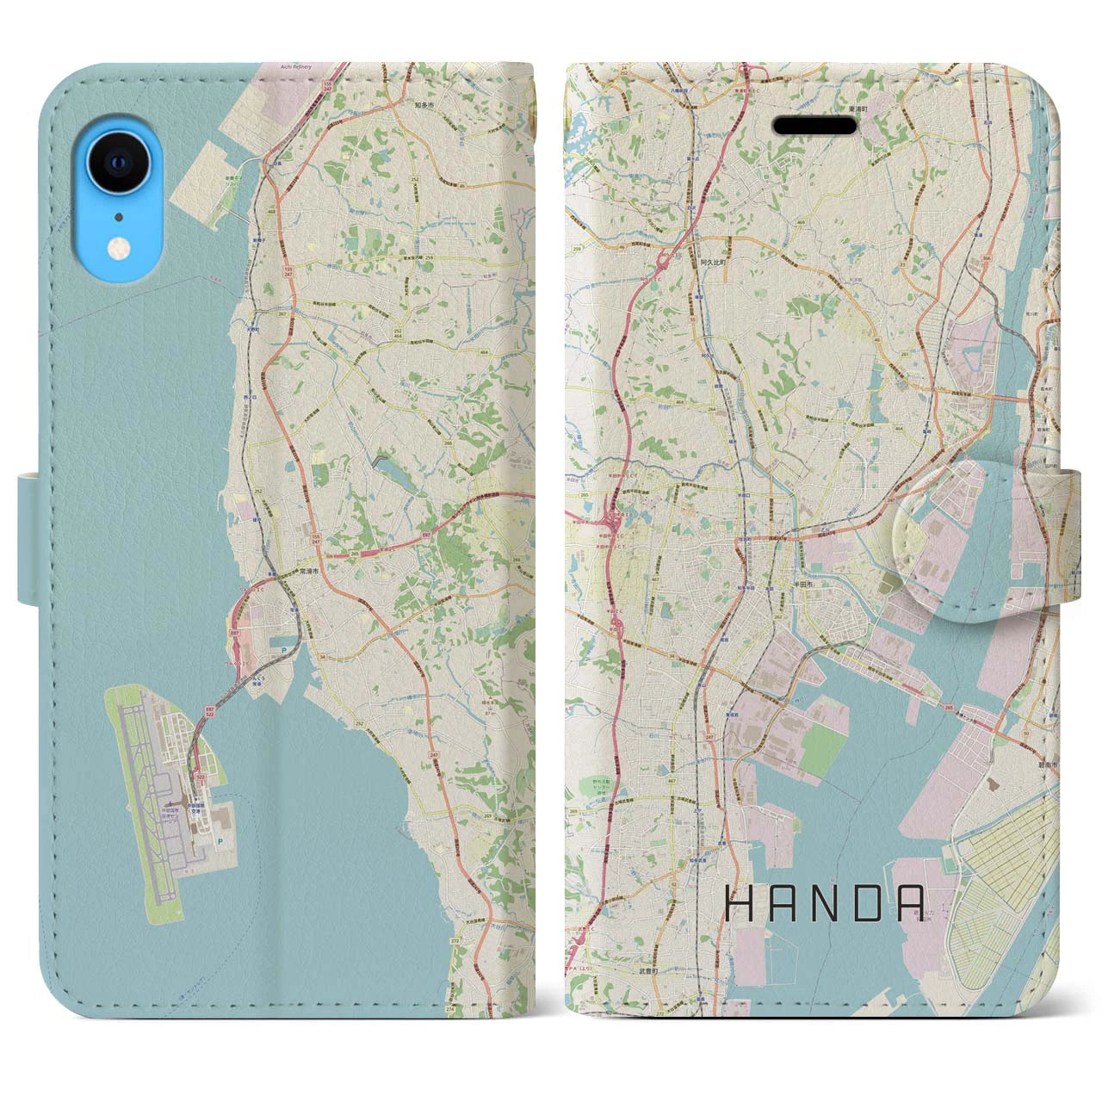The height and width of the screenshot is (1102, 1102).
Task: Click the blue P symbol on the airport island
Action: click(x=221, y=840)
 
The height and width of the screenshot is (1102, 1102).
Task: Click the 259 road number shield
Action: click(x=574, y=246)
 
